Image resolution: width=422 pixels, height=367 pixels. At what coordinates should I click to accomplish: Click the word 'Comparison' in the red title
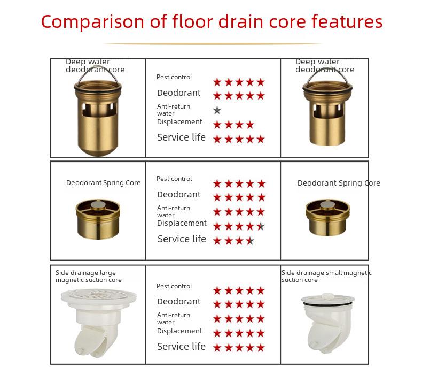[92, 22]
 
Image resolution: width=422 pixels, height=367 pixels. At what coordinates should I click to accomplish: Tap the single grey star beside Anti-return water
[217, 110]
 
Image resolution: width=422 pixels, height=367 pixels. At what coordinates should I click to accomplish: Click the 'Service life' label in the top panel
[181, 137]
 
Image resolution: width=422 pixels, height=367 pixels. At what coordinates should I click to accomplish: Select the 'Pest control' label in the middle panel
[174, 179]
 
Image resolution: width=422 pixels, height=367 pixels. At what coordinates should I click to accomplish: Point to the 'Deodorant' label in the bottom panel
[179, 302]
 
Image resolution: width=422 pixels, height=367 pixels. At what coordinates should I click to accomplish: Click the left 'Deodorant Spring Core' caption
[103, 183]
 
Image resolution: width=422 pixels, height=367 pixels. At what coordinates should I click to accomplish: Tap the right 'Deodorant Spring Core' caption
[339, 183]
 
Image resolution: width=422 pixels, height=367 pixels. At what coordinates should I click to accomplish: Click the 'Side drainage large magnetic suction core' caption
[89, 276]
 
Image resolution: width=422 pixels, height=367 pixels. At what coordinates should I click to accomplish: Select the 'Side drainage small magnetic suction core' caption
[326, 276]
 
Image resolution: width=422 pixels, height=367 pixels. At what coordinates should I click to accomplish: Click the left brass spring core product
[98, 219]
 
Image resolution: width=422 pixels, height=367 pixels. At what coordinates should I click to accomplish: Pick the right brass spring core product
[328, 218]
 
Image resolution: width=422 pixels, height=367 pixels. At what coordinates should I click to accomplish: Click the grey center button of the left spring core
[98, 205]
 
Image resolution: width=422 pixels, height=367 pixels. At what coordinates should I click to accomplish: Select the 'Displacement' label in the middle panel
[182, 223]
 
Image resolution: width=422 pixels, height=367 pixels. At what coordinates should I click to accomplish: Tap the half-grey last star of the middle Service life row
[250, 241]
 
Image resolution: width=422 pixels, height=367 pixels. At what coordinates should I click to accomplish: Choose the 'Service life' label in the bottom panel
[181, 347]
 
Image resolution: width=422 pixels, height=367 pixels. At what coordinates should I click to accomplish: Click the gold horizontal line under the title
[213, 44]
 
